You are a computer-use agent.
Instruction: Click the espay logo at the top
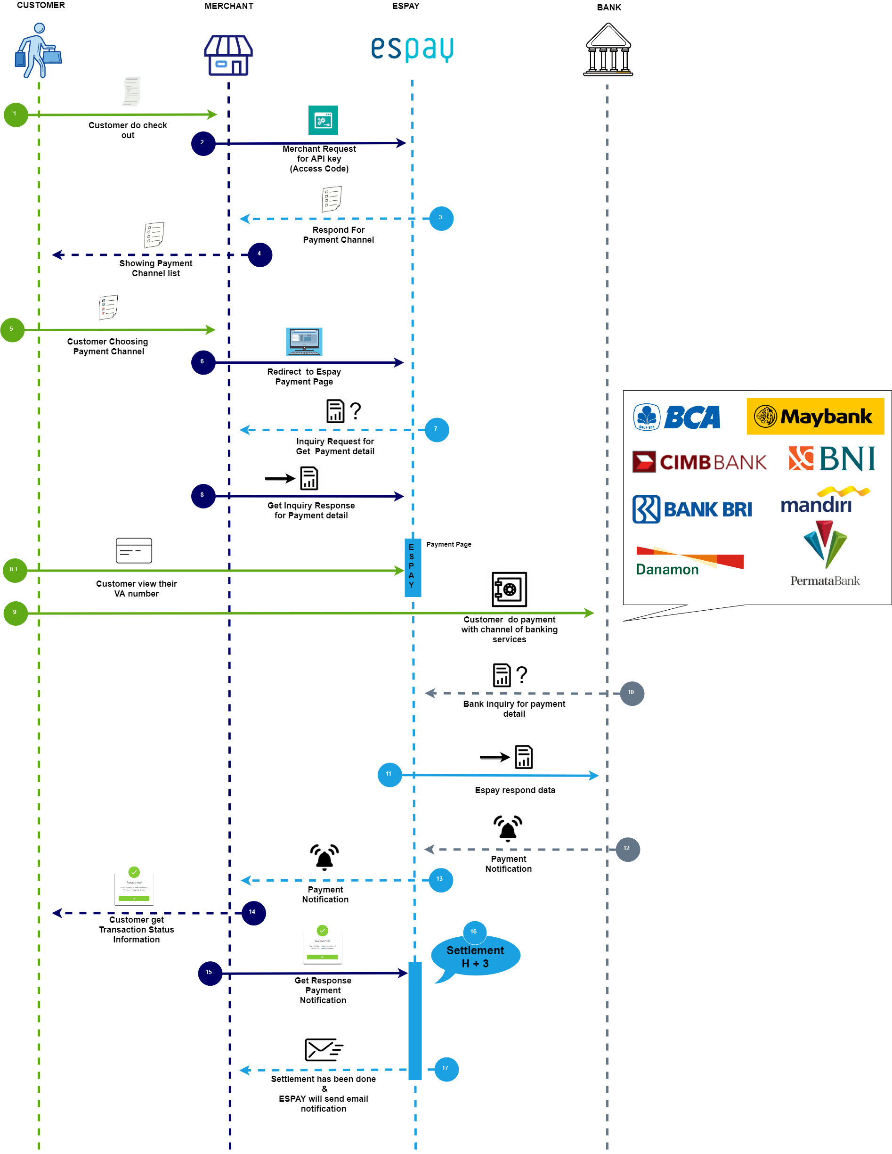412,49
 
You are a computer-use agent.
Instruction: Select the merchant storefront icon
228,56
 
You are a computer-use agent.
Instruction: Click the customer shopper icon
38,50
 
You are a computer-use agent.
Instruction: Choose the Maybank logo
815,417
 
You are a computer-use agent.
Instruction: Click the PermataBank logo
825,554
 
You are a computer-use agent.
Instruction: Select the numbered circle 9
16,613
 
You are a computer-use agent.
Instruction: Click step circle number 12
627,849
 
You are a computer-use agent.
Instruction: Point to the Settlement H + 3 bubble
475,957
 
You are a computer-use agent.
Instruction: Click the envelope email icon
324,1049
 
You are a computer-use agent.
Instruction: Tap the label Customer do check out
127,130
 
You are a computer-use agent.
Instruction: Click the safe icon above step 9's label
509,589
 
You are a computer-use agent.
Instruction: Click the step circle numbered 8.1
14,570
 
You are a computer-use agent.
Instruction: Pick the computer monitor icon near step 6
304,341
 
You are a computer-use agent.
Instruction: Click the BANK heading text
608,8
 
